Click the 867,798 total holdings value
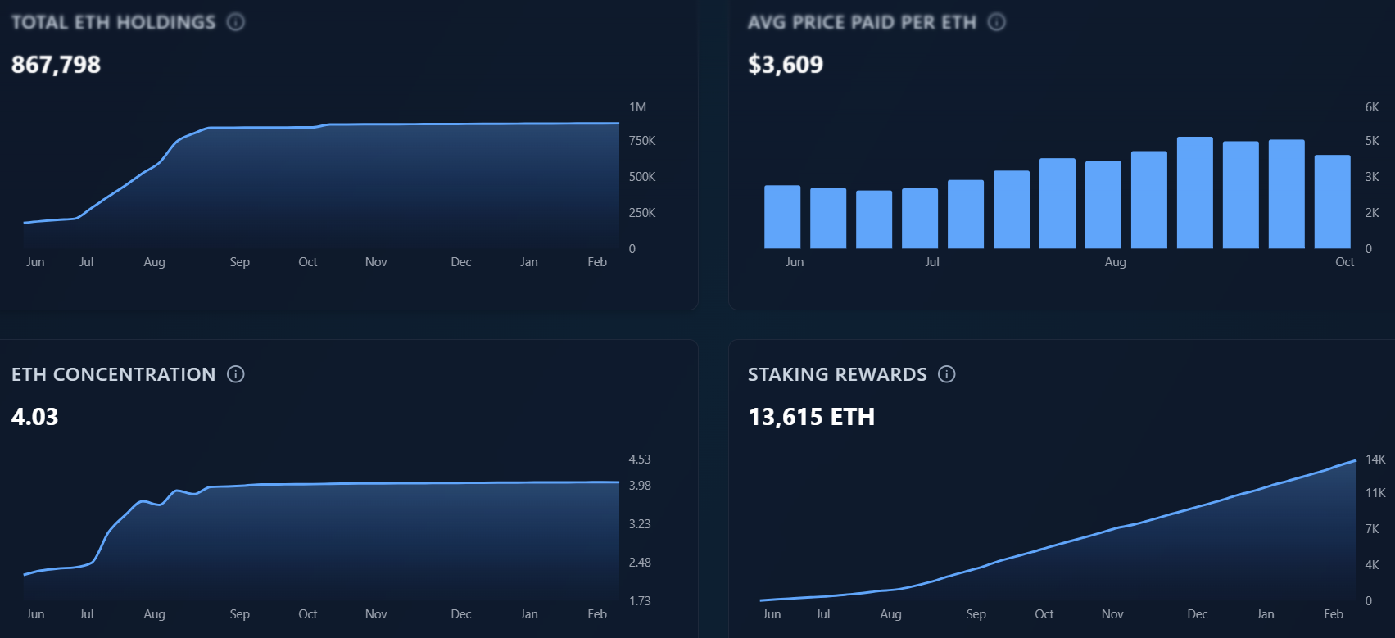(56, 65)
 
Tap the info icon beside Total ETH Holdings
(236, 22)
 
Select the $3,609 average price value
(785, 65)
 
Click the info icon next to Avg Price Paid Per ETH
(996, 22)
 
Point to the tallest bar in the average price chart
(1194, 192)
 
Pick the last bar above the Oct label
(1332, 201)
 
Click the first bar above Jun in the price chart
(781, 217)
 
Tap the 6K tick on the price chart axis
(1372, 107)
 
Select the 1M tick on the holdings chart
(637, 107)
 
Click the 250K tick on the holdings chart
(641, 213)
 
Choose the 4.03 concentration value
(34, 417)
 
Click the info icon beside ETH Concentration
(236, 374)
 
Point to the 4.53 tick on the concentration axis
(639, 459)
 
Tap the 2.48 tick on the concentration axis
(639, 563)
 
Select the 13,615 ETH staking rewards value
(811, 417)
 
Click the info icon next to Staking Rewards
(947, 374)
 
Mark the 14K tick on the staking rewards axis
(1375, 459)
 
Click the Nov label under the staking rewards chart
(1112, 614)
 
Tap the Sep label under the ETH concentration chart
(239, 614)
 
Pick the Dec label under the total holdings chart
(460, 262)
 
